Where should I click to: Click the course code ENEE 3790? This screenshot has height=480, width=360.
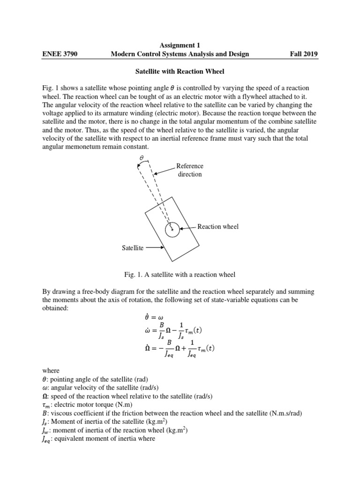point(60,54)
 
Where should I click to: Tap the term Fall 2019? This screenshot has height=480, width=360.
point(304,54)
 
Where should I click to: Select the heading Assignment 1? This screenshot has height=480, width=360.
point(180,45)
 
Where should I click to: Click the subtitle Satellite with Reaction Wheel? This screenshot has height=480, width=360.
point(180,71)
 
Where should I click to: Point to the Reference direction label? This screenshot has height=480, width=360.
point(190,170)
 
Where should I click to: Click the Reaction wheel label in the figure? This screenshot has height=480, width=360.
point(217,226)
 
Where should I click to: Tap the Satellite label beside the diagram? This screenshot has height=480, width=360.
point(133,248)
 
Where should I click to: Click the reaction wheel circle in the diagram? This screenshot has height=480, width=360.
point(173,229)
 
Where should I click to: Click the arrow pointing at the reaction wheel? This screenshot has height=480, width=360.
point(187,227)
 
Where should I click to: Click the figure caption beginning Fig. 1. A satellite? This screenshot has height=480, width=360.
point(180,274)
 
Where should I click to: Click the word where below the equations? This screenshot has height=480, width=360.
point(51,370)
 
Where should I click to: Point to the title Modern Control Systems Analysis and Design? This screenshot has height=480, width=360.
point(180,54)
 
